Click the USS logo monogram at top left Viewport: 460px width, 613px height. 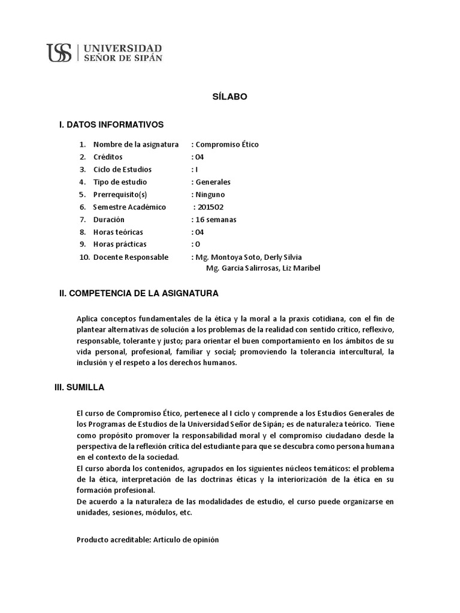click(x=59, y=53)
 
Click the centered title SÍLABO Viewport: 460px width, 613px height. click(x=230, y=96)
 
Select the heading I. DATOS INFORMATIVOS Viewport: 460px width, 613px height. click(x=111, y=125)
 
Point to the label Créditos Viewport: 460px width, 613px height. click(x=108, y=157)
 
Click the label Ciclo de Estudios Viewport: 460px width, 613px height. click(x=122, y=169)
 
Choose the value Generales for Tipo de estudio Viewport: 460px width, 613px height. click(x=213, y=182)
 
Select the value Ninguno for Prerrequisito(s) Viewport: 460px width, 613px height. click(x=210, y=195)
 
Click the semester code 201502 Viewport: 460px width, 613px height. click(x=211, y=207)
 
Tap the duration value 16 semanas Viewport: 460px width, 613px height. click(x=216, y=220)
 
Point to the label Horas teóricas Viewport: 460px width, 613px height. click(x=118, y=232)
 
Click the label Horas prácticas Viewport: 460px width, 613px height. click(x=120, y=244)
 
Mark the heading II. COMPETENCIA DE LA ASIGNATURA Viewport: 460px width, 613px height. click(x=138, y=293)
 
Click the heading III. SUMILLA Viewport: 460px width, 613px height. click(x=80, y=387)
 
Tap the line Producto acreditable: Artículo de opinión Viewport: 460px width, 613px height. click(x=148, y=539)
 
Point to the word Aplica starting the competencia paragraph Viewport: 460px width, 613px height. click(x=87, y=318)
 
